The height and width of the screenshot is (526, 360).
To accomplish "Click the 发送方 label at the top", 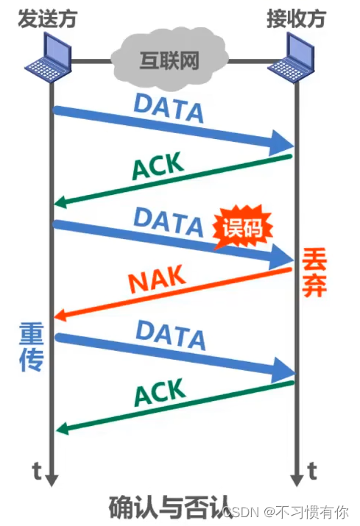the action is (47, 18).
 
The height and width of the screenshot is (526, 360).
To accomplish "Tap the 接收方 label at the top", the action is (296, 18).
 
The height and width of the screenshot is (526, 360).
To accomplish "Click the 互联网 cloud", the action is (169, 61).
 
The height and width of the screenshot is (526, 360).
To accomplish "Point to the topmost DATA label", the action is (169, 108).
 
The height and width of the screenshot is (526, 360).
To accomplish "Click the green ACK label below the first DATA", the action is (158, 166).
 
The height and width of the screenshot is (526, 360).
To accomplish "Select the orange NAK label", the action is (157, 279).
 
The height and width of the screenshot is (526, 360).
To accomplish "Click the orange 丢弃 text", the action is (314, 272).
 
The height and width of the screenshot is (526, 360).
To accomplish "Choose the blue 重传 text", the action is (31, 346).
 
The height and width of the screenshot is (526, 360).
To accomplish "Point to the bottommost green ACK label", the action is (160, 393).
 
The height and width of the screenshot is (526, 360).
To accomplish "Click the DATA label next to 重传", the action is (171, 335).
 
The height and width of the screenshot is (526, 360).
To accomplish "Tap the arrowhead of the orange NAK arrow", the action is (60, 316).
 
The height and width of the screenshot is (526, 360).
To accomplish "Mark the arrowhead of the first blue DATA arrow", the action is (281, 143).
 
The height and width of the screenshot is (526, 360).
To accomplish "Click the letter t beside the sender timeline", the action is (37, 471).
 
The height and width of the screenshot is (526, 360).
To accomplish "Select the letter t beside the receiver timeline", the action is (312, 471).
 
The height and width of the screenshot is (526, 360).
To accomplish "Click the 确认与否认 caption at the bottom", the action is (169, 508).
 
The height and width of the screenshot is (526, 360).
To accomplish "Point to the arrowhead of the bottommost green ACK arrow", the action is (63, 428).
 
